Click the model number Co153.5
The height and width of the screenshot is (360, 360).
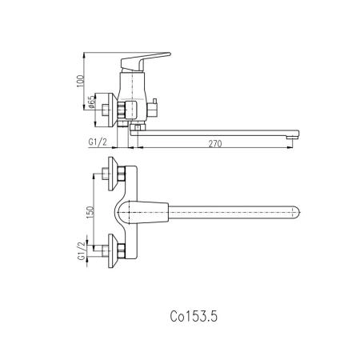(194, 317)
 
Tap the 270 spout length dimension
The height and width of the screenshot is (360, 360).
(215, 144)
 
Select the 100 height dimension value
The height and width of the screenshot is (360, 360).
(81, 82)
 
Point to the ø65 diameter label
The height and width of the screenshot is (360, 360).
(91, 102)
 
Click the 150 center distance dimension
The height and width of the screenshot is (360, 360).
(90, 212)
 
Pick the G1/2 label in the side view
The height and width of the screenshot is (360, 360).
(98, 142)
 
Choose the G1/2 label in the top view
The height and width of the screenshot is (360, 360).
(82, 250)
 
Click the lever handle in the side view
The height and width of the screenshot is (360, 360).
(144, 61)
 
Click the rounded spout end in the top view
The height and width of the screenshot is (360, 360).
(297, 213)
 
